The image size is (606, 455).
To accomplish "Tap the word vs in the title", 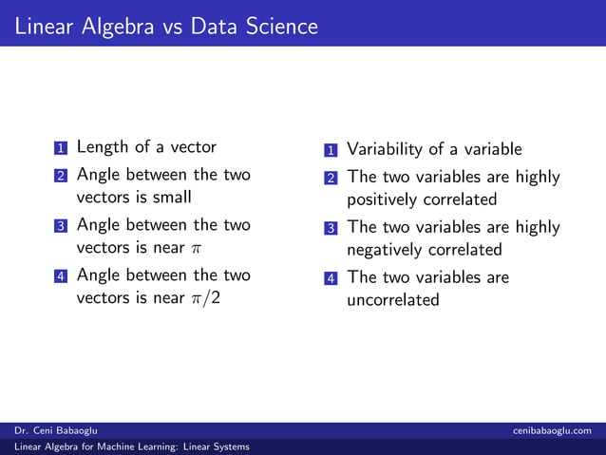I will coord(172,27).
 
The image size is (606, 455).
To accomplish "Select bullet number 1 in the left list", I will coord(61,148).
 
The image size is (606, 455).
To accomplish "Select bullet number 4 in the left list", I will coord(61,276).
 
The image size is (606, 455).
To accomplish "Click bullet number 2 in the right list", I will coord(331,179).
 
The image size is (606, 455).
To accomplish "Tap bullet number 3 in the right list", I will coord(331,229).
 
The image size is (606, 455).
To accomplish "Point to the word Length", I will coord(103,147).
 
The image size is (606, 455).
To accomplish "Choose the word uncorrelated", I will coord(393,300).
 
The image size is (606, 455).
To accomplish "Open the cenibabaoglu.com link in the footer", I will coord(558,431).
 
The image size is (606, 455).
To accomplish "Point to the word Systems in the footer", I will coord(233,446).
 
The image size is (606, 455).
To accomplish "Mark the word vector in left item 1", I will coord(193,147).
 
